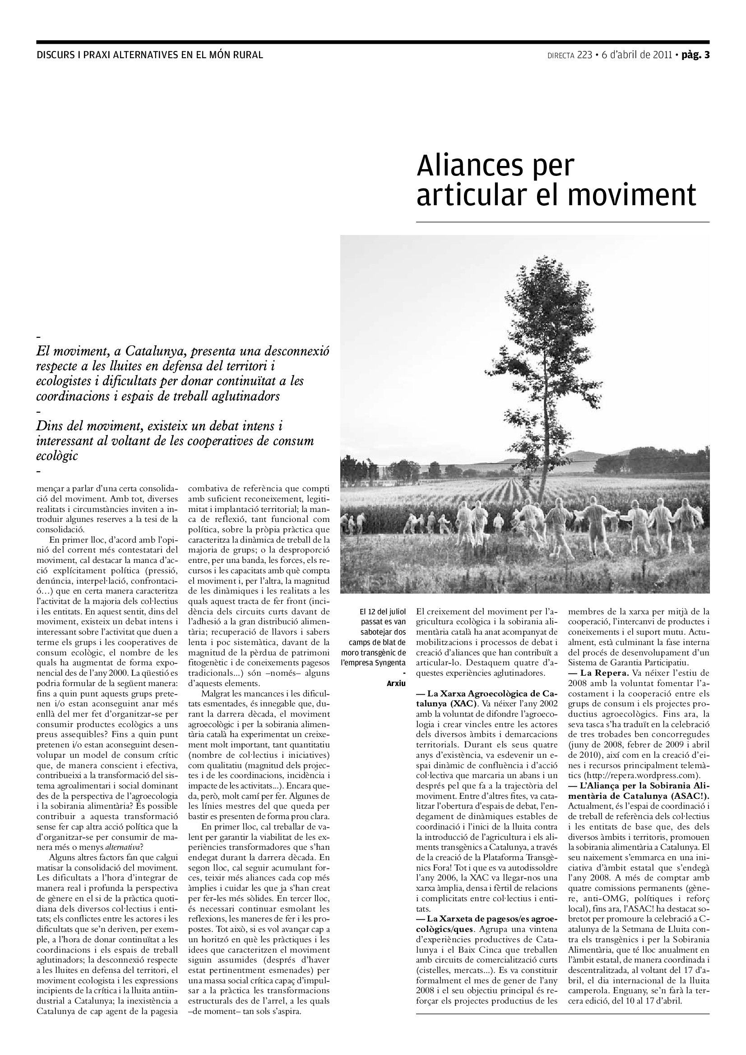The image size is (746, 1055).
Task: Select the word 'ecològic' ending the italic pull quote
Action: pyautogui.click(x=57, y=456)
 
